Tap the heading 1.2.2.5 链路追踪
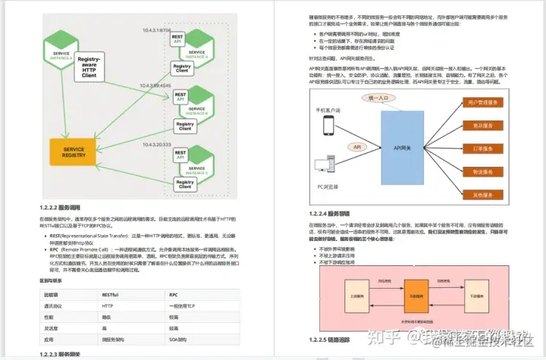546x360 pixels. click(329, 340)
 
